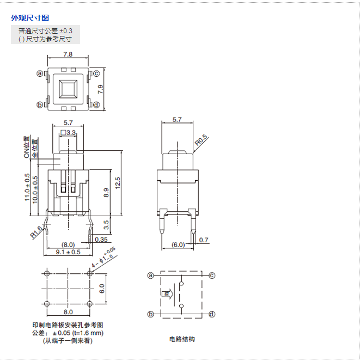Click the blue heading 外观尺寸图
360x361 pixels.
(x=30, y=18)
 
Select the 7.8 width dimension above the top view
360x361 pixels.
(x=68, y=54)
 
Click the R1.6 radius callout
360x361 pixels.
(x=36, y=232)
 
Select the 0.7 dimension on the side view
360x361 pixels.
(x=204, y=240)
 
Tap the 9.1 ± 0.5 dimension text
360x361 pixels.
(x=69, y=252)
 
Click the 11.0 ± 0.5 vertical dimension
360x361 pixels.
(x=27, y=188)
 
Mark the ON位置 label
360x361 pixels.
(x=27, y=148)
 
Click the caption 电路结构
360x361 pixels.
(x=182, y=339)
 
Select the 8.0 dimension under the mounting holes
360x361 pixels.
(x=68, y=312)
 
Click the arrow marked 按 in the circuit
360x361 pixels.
(x=167, y=295)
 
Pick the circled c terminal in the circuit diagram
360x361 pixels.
(x=212, y=276)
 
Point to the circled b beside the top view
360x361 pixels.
(x=40, y=105)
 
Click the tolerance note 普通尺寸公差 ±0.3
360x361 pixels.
(x=45, y=30)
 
